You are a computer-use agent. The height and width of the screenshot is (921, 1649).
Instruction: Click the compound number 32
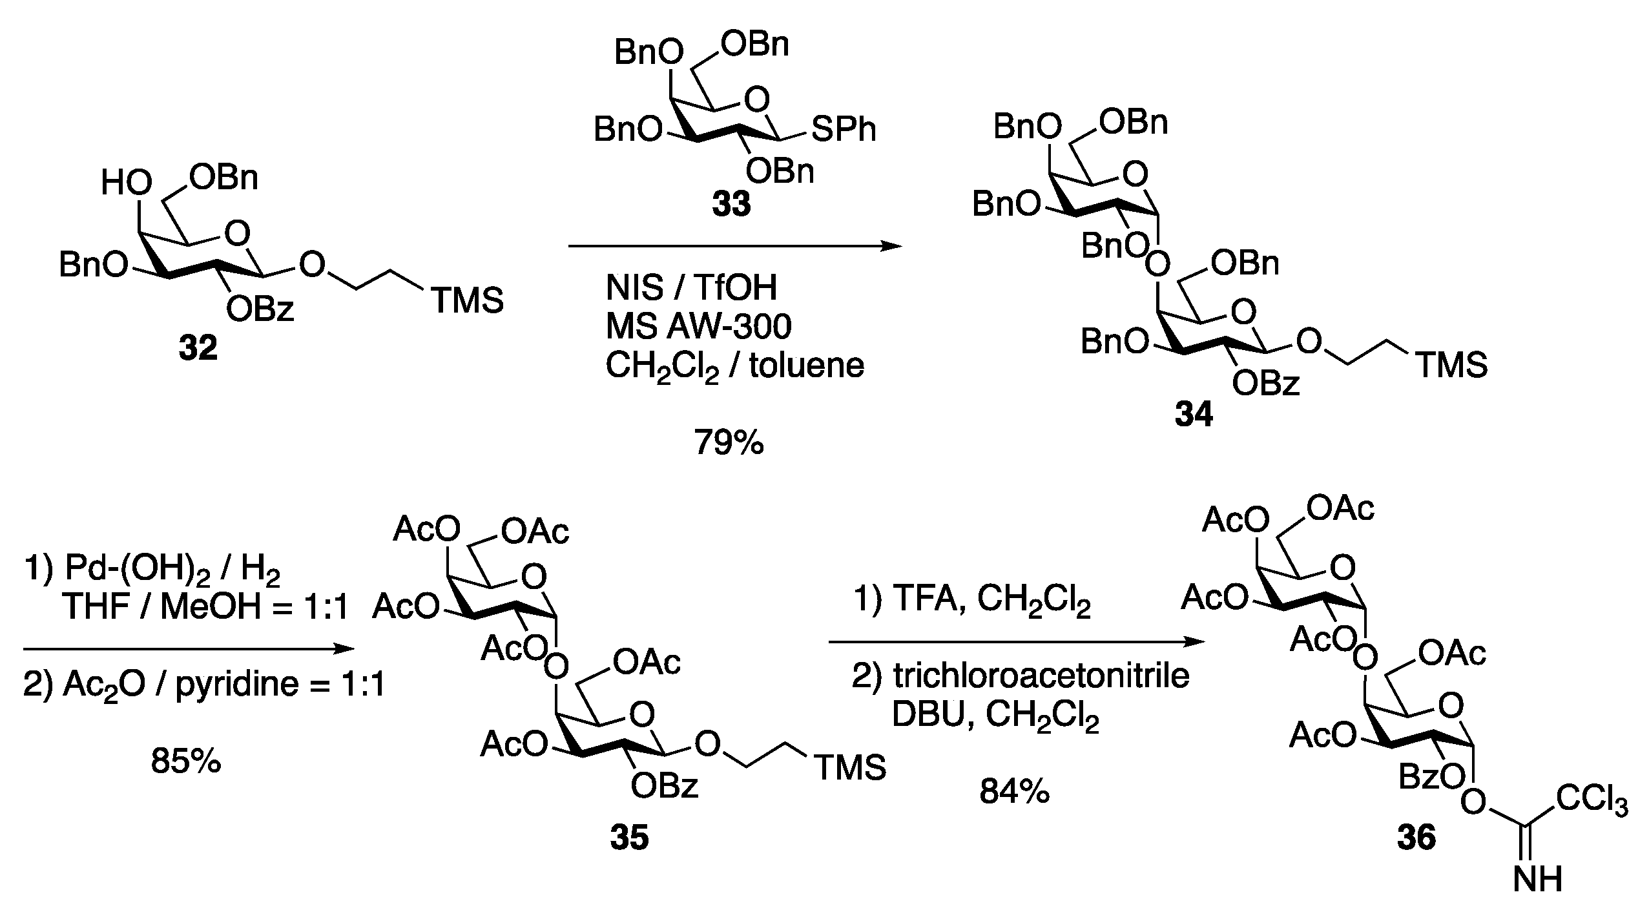[x=198, y=349]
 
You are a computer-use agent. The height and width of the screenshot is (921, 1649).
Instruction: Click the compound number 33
[x=731, y=205]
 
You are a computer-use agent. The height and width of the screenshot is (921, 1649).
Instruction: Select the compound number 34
[x=1194, y=415]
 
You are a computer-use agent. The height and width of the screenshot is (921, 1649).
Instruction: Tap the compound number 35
[x=629, y=838]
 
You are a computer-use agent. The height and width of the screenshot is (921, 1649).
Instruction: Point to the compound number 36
[x=1416, y=838]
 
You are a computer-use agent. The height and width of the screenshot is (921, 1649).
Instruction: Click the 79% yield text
[x=729, y=443]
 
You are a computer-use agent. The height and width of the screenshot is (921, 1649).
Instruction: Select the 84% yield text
[x=1014, y=791]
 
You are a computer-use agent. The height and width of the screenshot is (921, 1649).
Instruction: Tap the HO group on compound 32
[x=127, y=184]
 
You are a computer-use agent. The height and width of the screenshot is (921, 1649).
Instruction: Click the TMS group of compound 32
[x=467, y=301]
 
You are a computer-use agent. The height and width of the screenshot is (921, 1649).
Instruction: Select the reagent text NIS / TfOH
[x=691, y=287]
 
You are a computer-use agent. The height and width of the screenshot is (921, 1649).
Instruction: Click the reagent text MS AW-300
[x=698, y=327]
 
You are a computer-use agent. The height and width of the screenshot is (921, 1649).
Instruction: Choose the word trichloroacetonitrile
[x=1041, y=676]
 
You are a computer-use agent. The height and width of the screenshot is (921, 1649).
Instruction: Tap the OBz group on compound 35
[x=665, y=786]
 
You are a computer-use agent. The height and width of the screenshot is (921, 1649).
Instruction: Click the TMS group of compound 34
[x=1451, y=366]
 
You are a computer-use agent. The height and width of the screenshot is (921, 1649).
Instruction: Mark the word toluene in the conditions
[x=807, y=366]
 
